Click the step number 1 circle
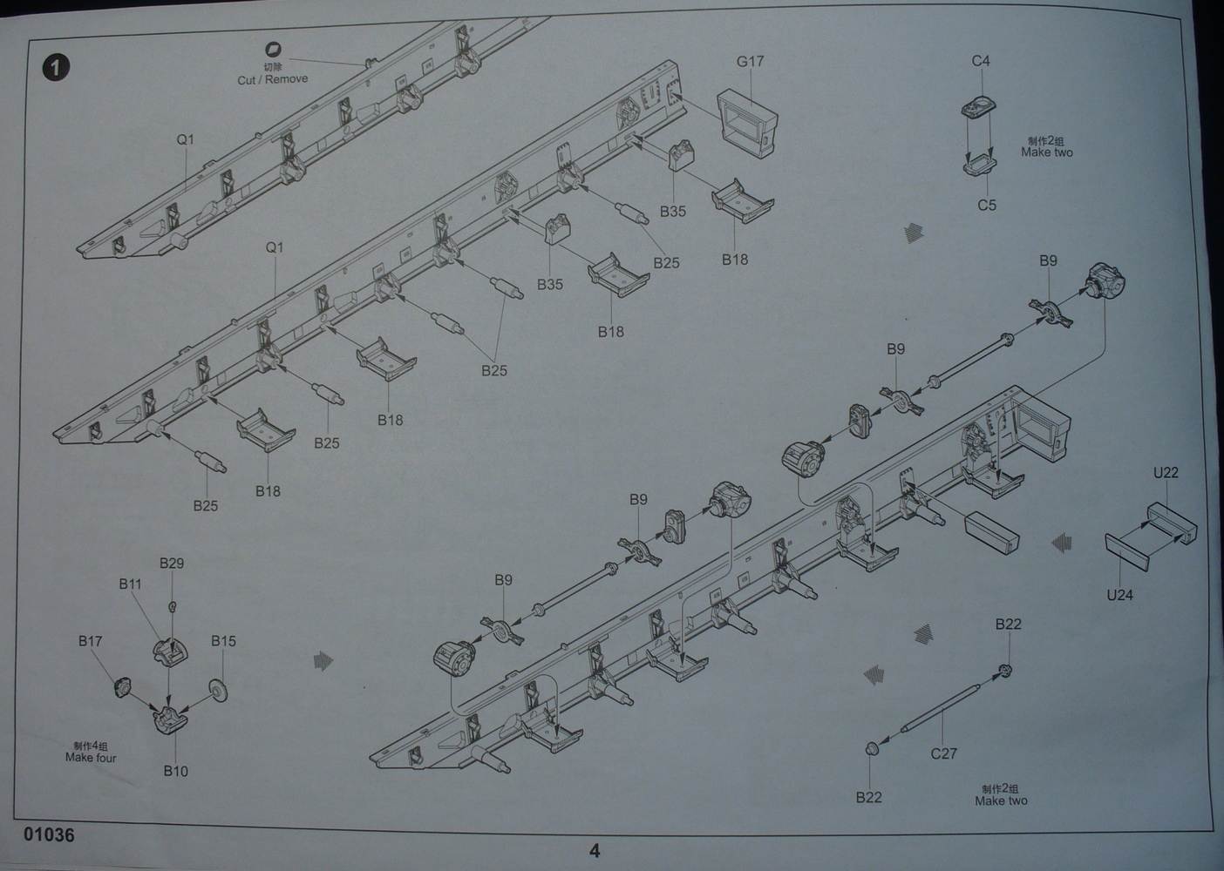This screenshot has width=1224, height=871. point(55,67)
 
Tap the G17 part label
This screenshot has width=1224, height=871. point(750,61)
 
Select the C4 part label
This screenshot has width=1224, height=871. point(981,61)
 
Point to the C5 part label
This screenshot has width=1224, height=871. point(986,206)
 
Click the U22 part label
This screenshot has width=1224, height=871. point(1166,473)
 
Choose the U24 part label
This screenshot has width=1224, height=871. point(1119,596)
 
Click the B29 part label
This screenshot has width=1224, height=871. point(172,564)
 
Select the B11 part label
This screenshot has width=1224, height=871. point(130,584)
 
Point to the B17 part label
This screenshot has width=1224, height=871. point(90,641)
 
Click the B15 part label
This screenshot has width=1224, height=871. point(223,641)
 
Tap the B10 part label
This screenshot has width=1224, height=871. point(175,771)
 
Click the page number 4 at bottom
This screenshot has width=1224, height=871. point(595,851)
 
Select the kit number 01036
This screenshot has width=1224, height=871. point(50,834)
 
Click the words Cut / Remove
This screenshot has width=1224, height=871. point(273,79)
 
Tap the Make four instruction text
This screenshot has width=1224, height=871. point(91,758)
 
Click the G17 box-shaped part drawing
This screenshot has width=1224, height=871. point(747,122)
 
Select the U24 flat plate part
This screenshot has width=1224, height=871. point(1131,553)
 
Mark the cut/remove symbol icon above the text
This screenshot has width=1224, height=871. point(274,50)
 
